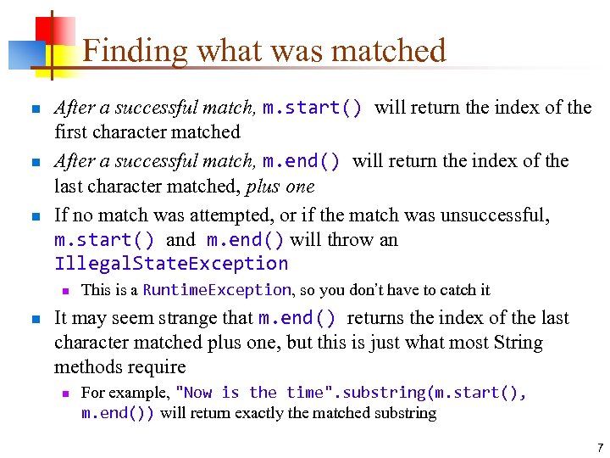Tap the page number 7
pyautogui.click(x=599, y=447)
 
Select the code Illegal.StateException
pyautogui.click(x=171, y=264)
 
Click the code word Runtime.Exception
pyautogui.click(x=217, y=290)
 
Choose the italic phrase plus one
pyautogui.click(x=277, y=187)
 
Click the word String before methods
pyautogui.click(x=518, y=343)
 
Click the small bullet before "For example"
pyautogui.click(x=64, y=393)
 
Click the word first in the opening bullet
pyautogui.click(x=70, y=133)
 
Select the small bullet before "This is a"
pyautogui.click(x=64, y=290)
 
